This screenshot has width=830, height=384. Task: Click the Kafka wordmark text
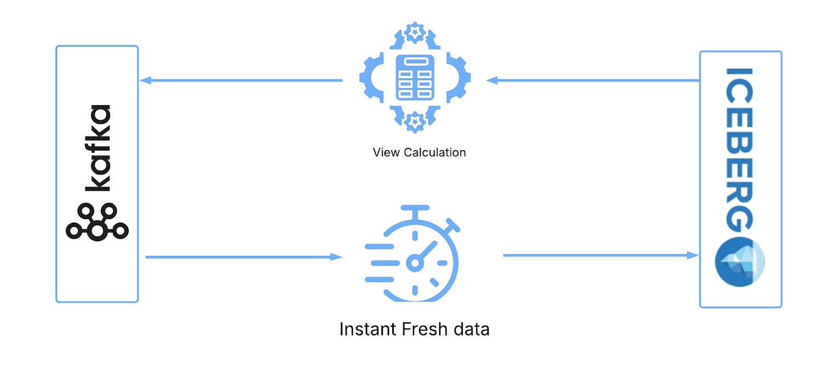click(97, 148)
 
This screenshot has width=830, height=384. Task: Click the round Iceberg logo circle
click(740, 261)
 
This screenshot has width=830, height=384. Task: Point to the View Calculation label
click(419, 152)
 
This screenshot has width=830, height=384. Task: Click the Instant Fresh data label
click(414, 329)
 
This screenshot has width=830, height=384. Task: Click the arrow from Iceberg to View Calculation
click(593, 80)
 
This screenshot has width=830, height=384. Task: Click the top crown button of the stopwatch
click(414, 211)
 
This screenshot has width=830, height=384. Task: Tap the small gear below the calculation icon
click(415, 122)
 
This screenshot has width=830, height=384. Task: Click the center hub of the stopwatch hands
click(414, 262)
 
